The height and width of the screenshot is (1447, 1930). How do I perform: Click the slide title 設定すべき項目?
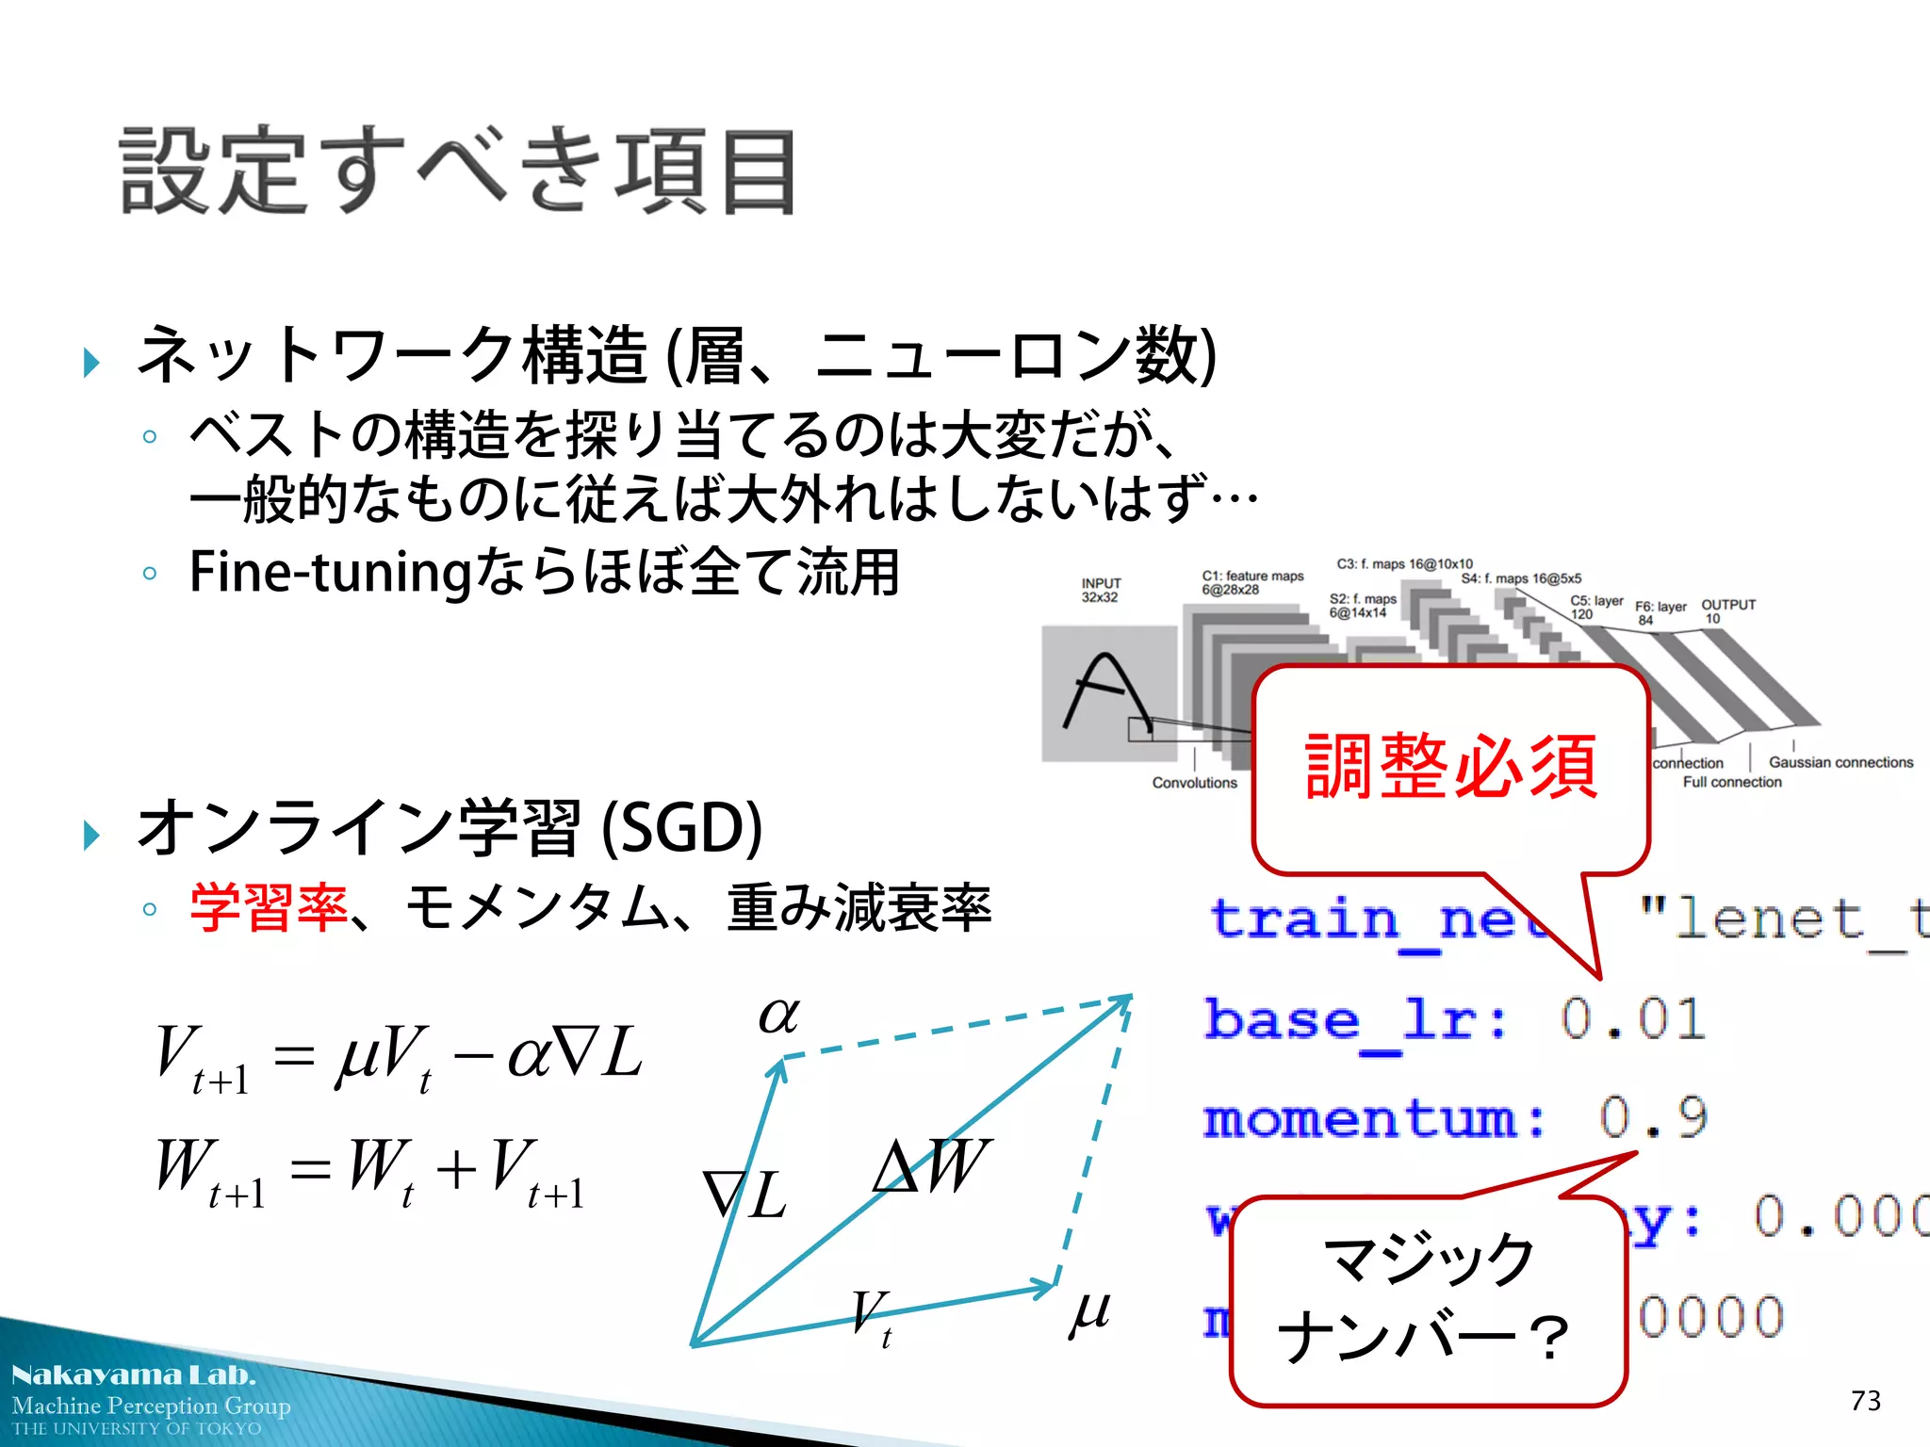coord(458,171)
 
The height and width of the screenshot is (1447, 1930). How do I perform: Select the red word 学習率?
coord(269,908)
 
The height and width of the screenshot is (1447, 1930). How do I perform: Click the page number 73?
coord(1865,1401)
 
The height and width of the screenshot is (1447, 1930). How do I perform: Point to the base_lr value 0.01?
coord(1633,1019)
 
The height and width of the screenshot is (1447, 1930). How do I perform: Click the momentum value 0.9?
coord(1653,1118)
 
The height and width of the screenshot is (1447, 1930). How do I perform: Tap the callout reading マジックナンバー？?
coord(1427,1300)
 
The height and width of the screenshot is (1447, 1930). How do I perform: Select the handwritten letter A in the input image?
coord(1105,691)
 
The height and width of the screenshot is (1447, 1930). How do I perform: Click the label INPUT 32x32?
coord(1101,590)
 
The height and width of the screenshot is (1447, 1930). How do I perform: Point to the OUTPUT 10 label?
coord(1727,611)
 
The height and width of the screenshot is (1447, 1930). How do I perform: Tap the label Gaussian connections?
coord(1840,762)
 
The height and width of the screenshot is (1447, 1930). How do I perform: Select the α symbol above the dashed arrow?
coord(779,1016)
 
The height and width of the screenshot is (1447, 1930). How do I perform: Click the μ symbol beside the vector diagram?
coord(1090,1311)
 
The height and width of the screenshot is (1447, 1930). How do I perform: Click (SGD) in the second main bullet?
coord(681,828)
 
